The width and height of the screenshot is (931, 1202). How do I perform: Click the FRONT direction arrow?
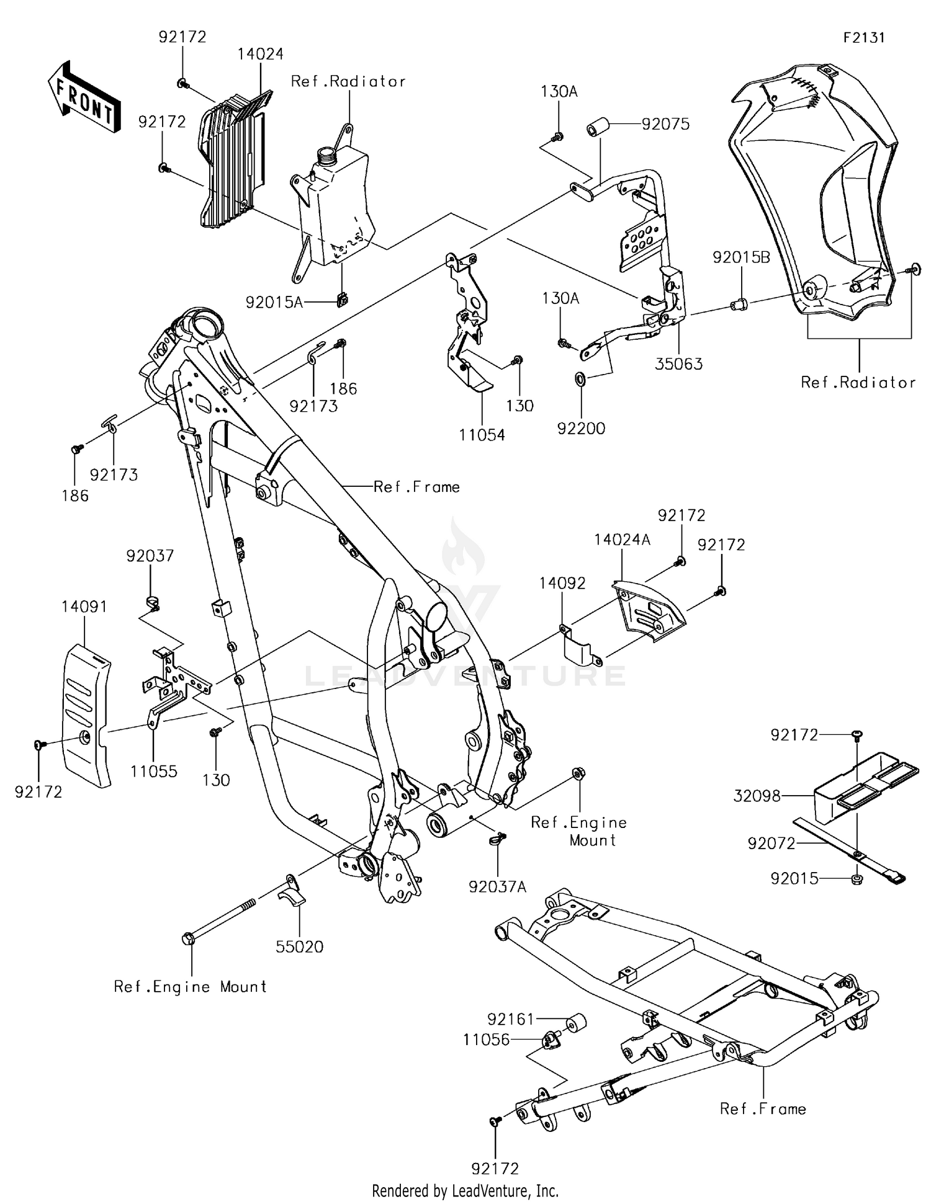tap(83, 97)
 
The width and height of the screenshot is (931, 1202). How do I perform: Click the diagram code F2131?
tap(863, 38)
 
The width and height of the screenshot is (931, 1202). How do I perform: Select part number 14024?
tap(260, 55)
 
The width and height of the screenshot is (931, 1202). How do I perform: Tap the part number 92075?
tap(665, 124)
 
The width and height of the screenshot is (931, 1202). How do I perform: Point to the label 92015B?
tap(741, 257)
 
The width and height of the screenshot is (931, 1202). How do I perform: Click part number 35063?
tap(679, 364)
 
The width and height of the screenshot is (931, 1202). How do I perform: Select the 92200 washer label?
tap(581, 428)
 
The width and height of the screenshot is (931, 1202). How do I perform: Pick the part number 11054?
tap(482, 435)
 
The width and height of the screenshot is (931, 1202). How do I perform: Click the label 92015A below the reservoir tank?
tap(274, 303)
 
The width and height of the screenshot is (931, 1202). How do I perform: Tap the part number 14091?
tap(84, 607)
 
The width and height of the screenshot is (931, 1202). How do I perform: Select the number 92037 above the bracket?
tap(150, 556)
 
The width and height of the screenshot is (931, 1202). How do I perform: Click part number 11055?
tap(154, 771)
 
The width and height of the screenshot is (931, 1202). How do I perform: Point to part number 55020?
tap(300, 946)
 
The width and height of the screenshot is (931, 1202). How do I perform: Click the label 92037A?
tap(497, 887)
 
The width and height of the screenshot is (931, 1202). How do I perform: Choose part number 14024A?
tap(622, 540)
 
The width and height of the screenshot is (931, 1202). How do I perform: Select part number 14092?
tap(562, 583)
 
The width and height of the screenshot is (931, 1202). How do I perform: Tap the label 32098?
tap(757, 796)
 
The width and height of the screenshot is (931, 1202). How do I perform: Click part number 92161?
tap(510, 1019)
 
